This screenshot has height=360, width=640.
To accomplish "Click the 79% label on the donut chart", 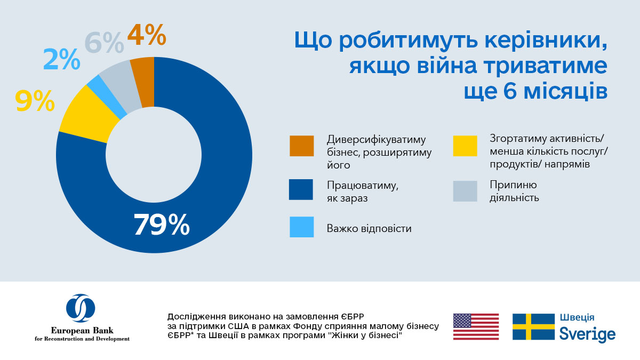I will pyautogui.click(x=161, y=225).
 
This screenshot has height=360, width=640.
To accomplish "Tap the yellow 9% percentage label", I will pyautogui.click(x=35, y=101).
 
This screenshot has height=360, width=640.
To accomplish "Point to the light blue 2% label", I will pyautogui.click(x=61, y=60).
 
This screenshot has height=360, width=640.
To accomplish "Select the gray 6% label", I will pyautogui.click(x=104, y=43).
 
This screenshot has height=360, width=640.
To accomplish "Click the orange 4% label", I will pyautogui.click(x=147, y=36).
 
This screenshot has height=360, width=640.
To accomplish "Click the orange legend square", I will pyautogui.click(x=301, y=146).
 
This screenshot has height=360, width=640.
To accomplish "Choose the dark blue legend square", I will pyautogui.click(x=301, y=189).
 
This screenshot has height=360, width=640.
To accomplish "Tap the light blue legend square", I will pyautogui.click(x=301, y=227).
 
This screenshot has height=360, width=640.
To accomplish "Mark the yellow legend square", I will pyautogui.click(x=465, y=146).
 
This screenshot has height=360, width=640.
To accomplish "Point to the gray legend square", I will pyautogui.click(x=465, y=191).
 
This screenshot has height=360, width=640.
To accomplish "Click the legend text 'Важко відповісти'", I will pyautogui.click(x=369, y=229).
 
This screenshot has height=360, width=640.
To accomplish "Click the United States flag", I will pyautogui.click(x=476, y=326).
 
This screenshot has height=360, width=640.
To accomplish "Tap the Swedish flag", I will pyautogui.click(x=533, y=326).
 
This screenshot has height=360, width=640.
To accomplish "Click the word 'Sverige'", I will pyautogui.click(x=587, y=334).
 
